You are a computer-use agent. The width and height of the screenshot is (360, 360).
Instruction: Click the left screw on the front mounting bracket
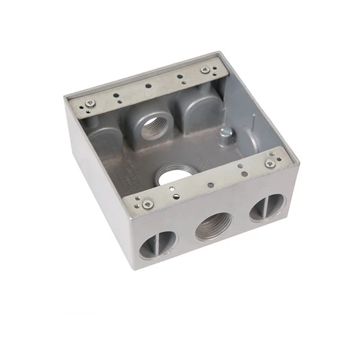click(146, 204)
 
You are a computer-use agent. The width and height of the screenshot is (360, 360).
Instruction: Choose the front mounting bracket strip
click(210, 182)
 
